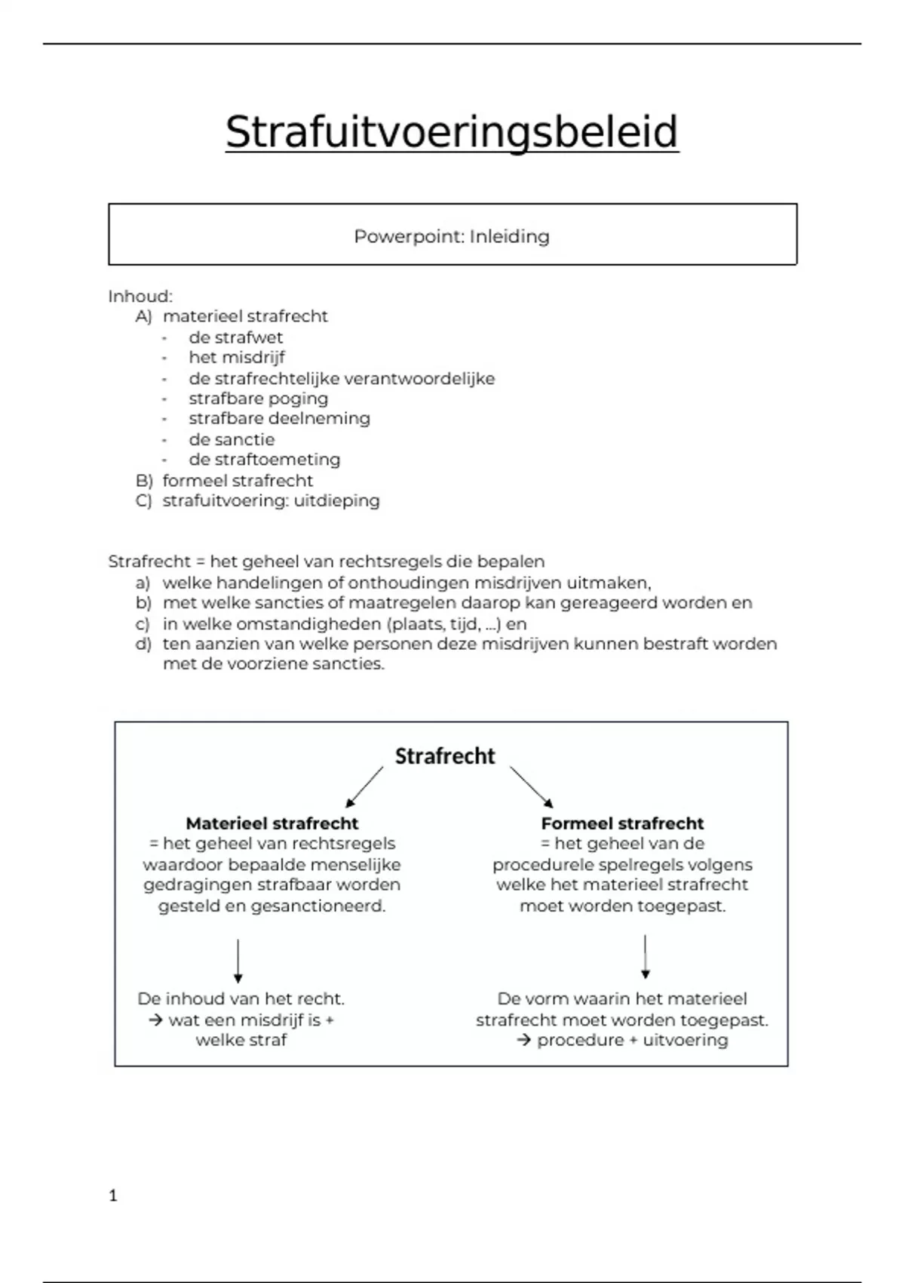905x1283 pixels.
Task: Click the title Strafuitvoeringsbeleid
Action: pyautogui.click(x=452, y=132)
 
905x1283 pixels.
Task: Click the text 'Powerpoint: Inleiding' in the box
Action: pyautogui.click(x=452, y=236)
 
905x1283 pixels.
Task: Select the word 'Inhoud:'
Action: pyautogui.click(x=140, y=296)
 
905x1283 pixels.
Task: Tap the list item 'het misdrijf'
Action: pyautogui.click(x=236, y=357)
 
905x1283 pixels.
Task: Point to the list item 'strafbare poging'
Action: pyautogui.click(x=258, y=398)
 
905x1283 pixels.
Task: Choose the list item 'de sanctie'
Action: pyautogui.click(x=232, y=439)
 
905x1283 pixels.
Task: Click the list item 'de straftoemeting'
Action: pyautogui.click(x=264, y=460)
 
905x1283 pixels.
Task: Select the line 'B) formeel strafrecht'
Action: pyautogui.click(x=225, y=481)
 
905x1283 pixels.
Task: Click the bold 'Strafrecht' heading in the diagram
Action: pyautogui.click(x=445, y=756)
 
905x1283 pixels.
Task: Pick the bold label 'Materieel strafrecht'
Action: pyautogui.click(x=271, y=823)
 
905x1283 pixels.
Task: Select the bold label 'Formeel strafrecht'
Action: pyautogui.click(x=622, y=823)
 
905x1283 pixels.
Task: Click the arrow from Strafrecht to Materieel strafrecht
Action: pyautogui.click(x=364, y=787)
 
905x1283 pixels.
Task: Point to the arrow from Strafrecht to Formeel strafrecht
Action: pyautogui.click(x=532, y=787)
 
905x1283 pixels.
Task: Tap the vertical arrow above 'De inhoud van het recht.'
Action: pyautogui.click(x=238, y=961)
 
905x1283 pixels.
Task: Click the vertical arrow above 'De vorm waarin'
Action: pyautogui.click(x=645, y=957)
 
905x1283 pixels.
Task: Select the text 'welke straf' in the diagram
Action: pyautogui.click(x=241, y=1040)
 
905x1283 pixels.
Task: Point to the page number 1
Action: pyautogui.click(x=113, y=1195)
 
